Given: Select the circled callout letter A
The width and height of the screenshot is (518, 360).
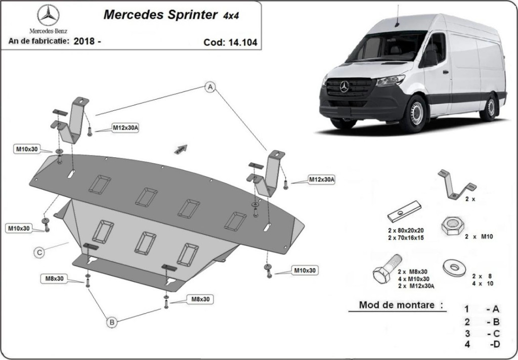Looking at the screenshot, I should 210,87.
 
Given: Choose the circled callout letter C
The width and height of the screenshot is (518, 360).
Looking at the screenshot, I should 39,251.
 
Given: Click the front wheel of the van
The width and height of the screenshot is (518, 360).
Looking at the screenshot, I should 415,113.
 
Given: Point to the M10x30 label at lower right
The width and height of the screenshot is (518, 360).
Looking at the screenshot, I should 305,271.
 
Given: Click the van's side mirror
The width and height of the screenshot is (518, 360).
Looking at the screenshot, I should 430,58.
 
